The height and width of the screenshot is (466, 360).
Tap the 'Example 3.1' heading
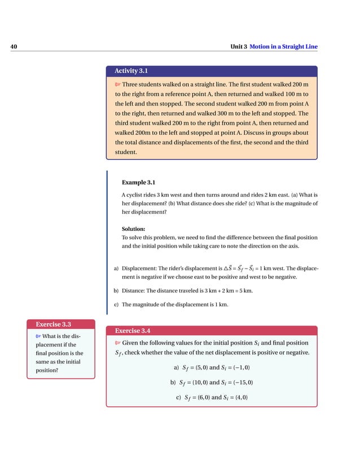click(x=138, y=182)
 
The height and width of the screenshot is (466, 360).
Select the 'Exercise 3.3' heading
click(x=53, y=324)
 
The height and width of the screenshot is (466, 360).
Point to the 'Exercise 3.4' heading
click(x=132, y=330)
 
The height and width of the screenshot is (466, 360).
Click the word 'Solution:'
click(x=134, y=228)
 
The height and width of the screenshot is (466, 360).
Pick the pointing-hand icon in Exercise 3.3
click(x=38, y=337)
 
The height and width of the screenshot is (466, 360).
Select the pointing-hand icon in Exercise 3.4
click(x=117, y=343)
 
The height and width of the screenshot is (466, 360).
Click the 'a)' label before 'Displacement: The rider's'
click(x=116, y=269)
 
